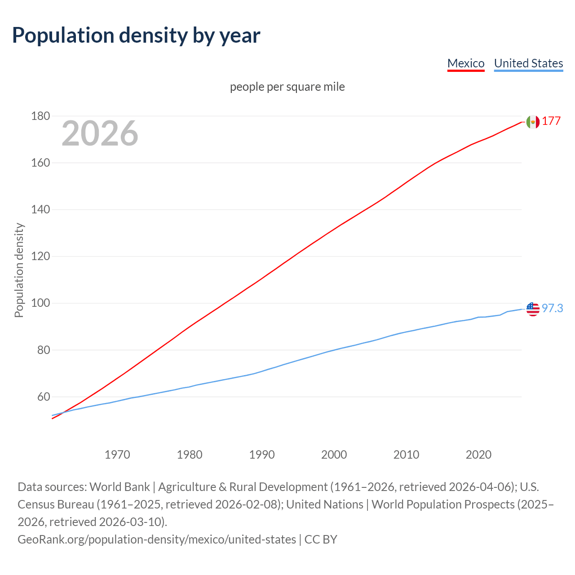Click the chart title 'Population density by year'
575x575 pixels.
[136, 35]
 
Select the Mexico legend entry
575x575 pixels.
[466, 63]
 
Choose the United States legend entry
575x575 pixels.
[528, 63]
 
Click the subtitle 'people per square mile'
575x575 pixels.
[287, 87]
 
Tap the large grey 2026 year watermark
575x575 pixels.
[100, 133]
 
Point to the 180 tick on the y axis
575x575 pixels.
[40, 116]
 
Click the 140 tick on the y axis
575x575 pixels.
[40, 210]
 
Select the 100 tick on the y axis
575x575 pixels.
[40, 303]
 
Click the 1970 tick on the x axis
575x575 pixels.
[117, 455]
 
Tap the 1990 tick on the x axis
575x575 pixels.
[262, 455]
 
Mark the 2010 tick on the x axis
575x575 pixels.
[406, 455]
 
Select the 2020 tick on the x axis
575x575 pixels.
[478, 455]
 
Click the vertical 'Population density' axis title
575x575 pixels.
[19, 270]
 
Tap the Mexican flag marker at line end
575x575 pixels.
[533, 122]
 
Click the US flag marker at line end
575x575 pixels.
[533, 309]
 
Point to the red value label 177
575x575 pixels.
[551, 121]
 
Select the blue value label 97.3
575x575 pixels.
[552, 309]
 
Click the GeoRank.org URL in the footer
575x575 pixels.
[157, 539]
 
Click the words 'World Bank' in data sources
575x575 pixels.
[119, 487]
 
